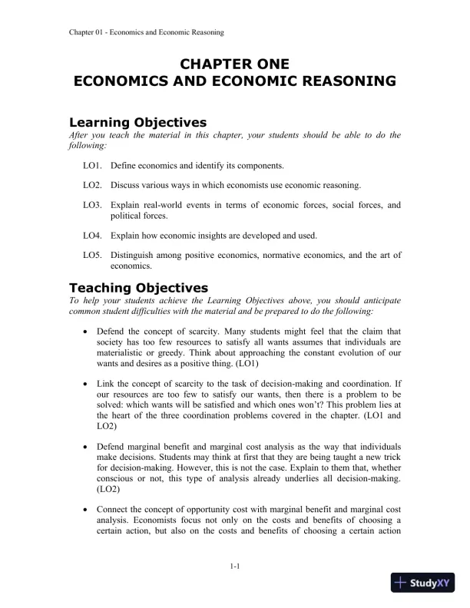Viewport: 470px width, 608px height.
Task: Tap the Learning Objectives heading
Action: coord(138,122)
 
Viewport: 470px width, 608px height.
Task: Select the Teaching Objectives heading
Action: coord(138,288)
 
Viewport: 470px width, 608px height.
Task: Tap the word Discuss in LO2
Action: coord(125,185)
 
